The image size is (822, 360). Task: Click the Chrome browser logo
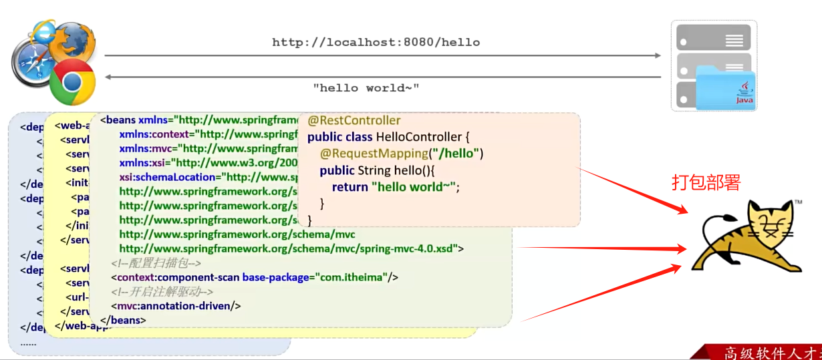pyautogui.click(x=72, y=82)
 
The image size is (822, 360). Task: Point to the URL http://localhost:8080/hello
pyautogui.click(x=376, y=42)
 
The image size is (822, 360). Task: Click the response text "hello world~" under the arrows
pyautogui.click(x=366, y=87)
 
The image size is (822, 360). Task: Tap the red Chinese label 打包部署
pyautogui.click(x=706, y=183)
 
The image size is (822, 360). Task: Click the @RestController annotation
pyautogui.click(x=354, y=120)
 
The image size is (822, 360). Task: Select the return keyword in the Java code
pyautogui.click(x=350, y=187)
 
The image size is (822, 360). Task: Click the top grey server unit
pyautogui.click(x=713, y=37)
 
